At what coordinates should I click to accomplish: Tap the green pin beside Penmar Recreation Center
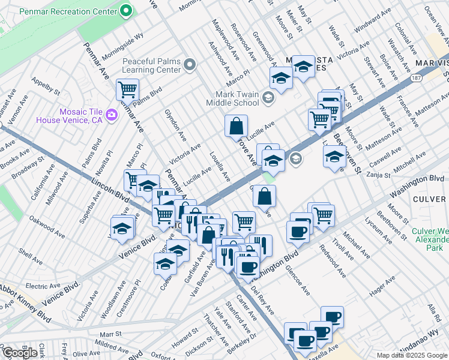(x=125, y=10)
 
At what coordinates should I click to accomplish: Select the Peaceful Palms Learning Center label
(x=151, y=65)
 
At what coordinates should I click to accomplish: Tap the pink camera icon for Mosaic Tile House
(x=111, y=114)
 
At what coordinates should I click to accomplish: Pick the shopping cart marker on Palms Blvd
(x=127, y=89)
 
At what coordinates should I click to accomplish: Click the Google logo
(x=20, y=353)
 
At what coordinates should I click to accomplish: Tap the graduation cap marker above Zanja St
(x=334, y=157)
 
